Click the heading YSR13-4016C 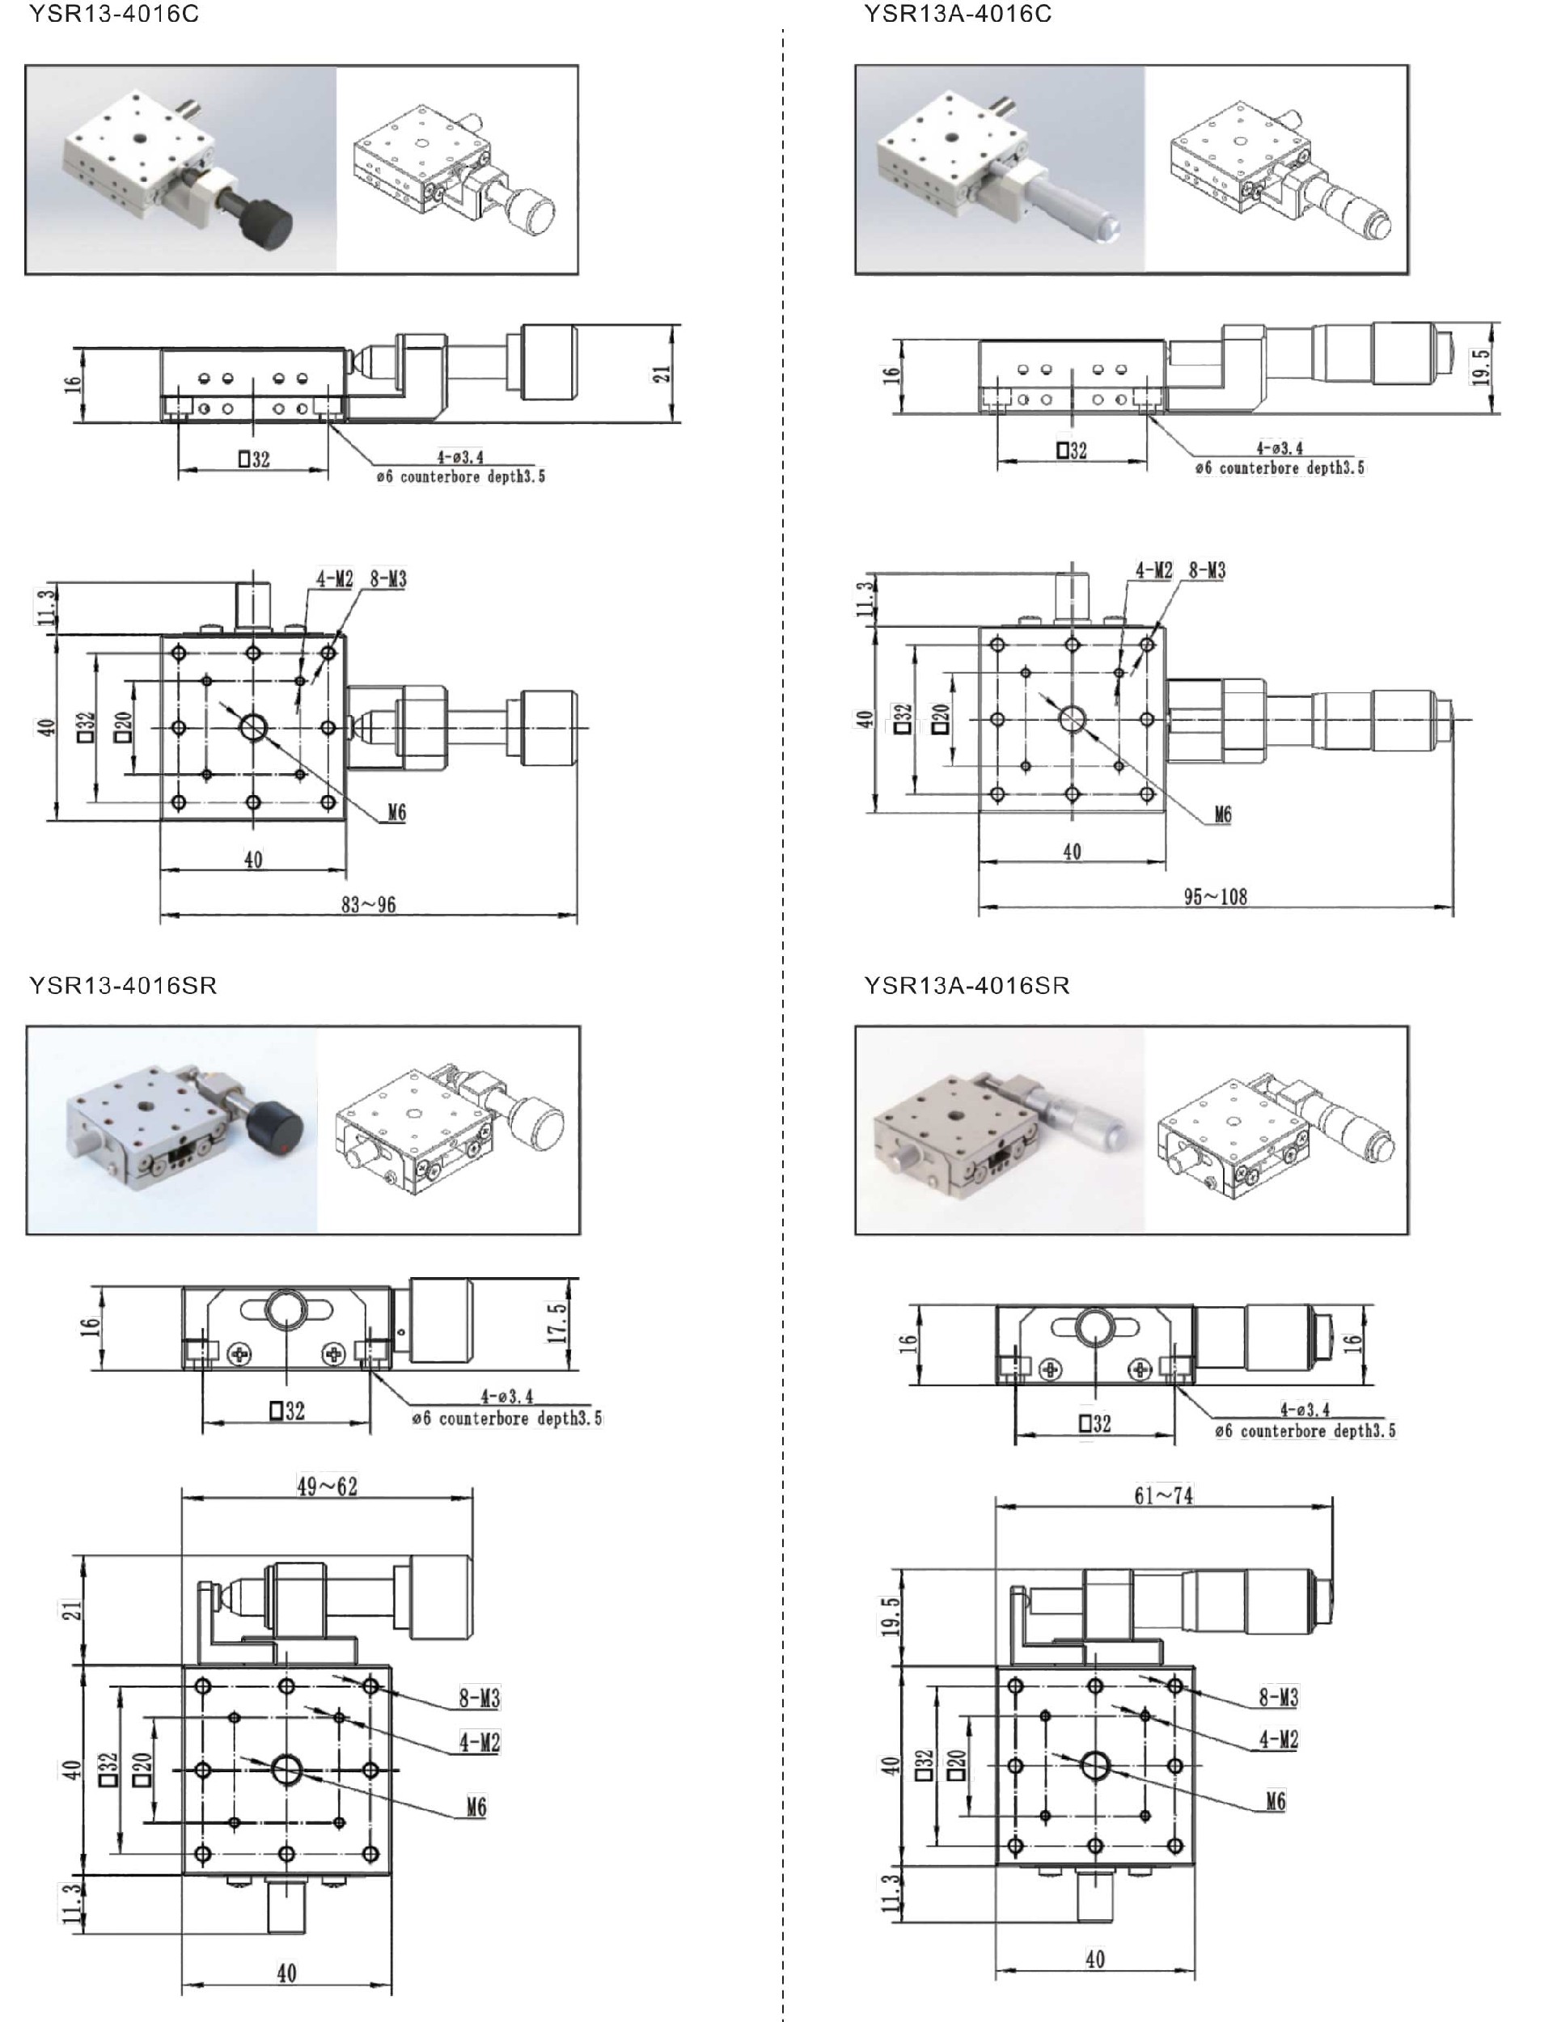[x=114, y=14]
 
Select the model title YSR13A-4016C [x=958, y=14]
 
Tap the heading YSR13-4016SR [x=123, y=986]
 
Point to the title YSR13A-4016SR [x=967, y=986]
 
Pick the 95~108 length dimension [x=1216, y=896]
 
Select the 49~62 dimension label [x=328, y=1486]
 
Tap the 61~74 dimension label [x=1164, y=1495]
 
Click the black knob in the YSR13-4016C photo [x=266, y=218]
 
